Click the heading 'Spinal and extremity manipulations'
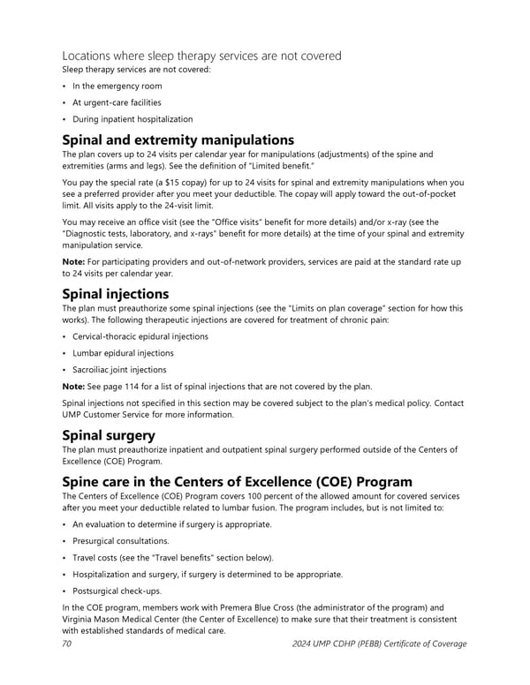click(177, 139)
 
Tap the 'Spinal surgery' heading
click(109, 435)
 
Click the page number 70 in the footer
click(67, 644)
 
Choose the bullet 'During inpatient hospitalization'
click(132, 119)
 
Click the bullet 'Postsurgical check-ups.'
click(117, 591)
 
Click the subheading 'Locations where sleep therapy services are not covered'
click(201, 56)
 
